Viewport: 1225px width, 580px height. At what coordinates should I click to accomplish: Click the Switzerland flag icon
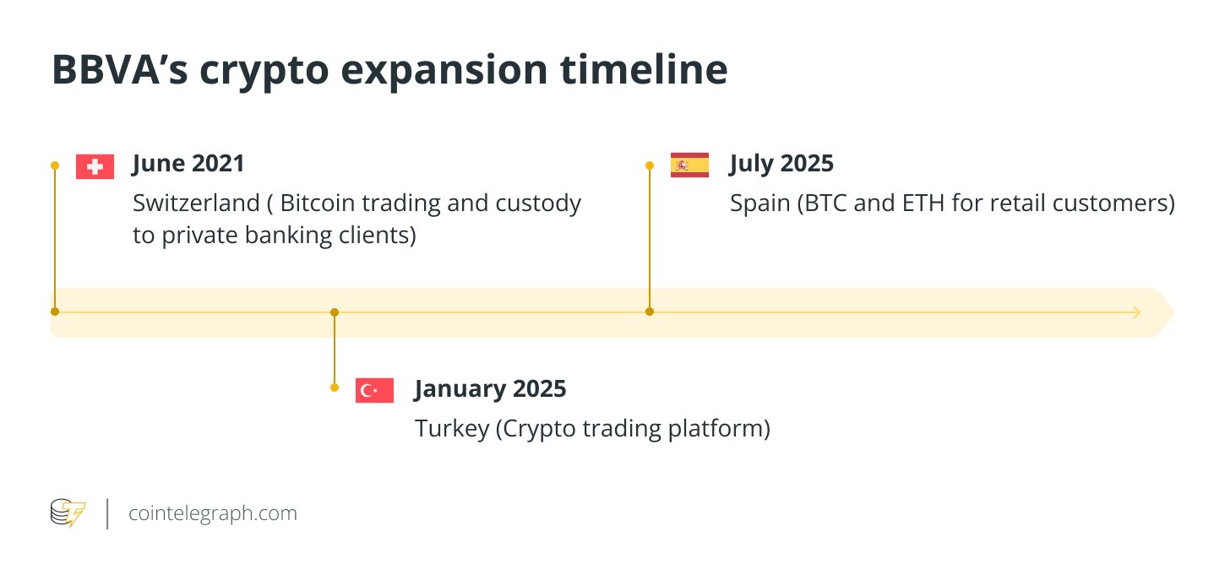(x=95, y=167)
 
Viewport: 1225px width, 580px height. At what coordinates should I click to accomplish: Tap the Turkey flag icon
(x=374, y=390)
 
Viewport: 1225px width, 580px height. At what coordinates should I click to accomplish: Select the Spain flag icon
(x=689, y=165)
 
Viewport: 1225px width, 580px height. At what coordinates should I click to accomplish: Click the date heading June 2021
(x=188, y=163)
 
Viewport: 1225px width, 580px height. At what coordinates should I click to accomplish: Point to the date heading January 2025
(x=490, y=389)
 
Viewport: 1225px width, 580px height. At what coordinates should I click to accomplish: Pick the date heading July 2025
(x=781, y=163)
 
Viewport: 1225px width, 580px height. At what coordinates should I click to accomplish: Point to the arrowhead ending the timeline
(x=1136, y=312)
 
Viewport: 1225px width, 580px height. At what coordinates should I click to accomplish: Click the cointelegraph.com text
(x=212, y=513)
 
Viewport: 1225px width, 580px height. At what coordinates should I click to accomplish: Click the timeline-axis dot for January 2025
(x=335, y=312)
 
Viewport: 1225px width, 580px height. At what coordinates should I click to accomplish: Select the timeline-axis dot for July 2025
(x=650, y=312)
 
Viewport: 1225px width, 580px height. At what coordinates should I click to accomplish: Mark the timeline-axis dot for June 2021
(x=55, y=312)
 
